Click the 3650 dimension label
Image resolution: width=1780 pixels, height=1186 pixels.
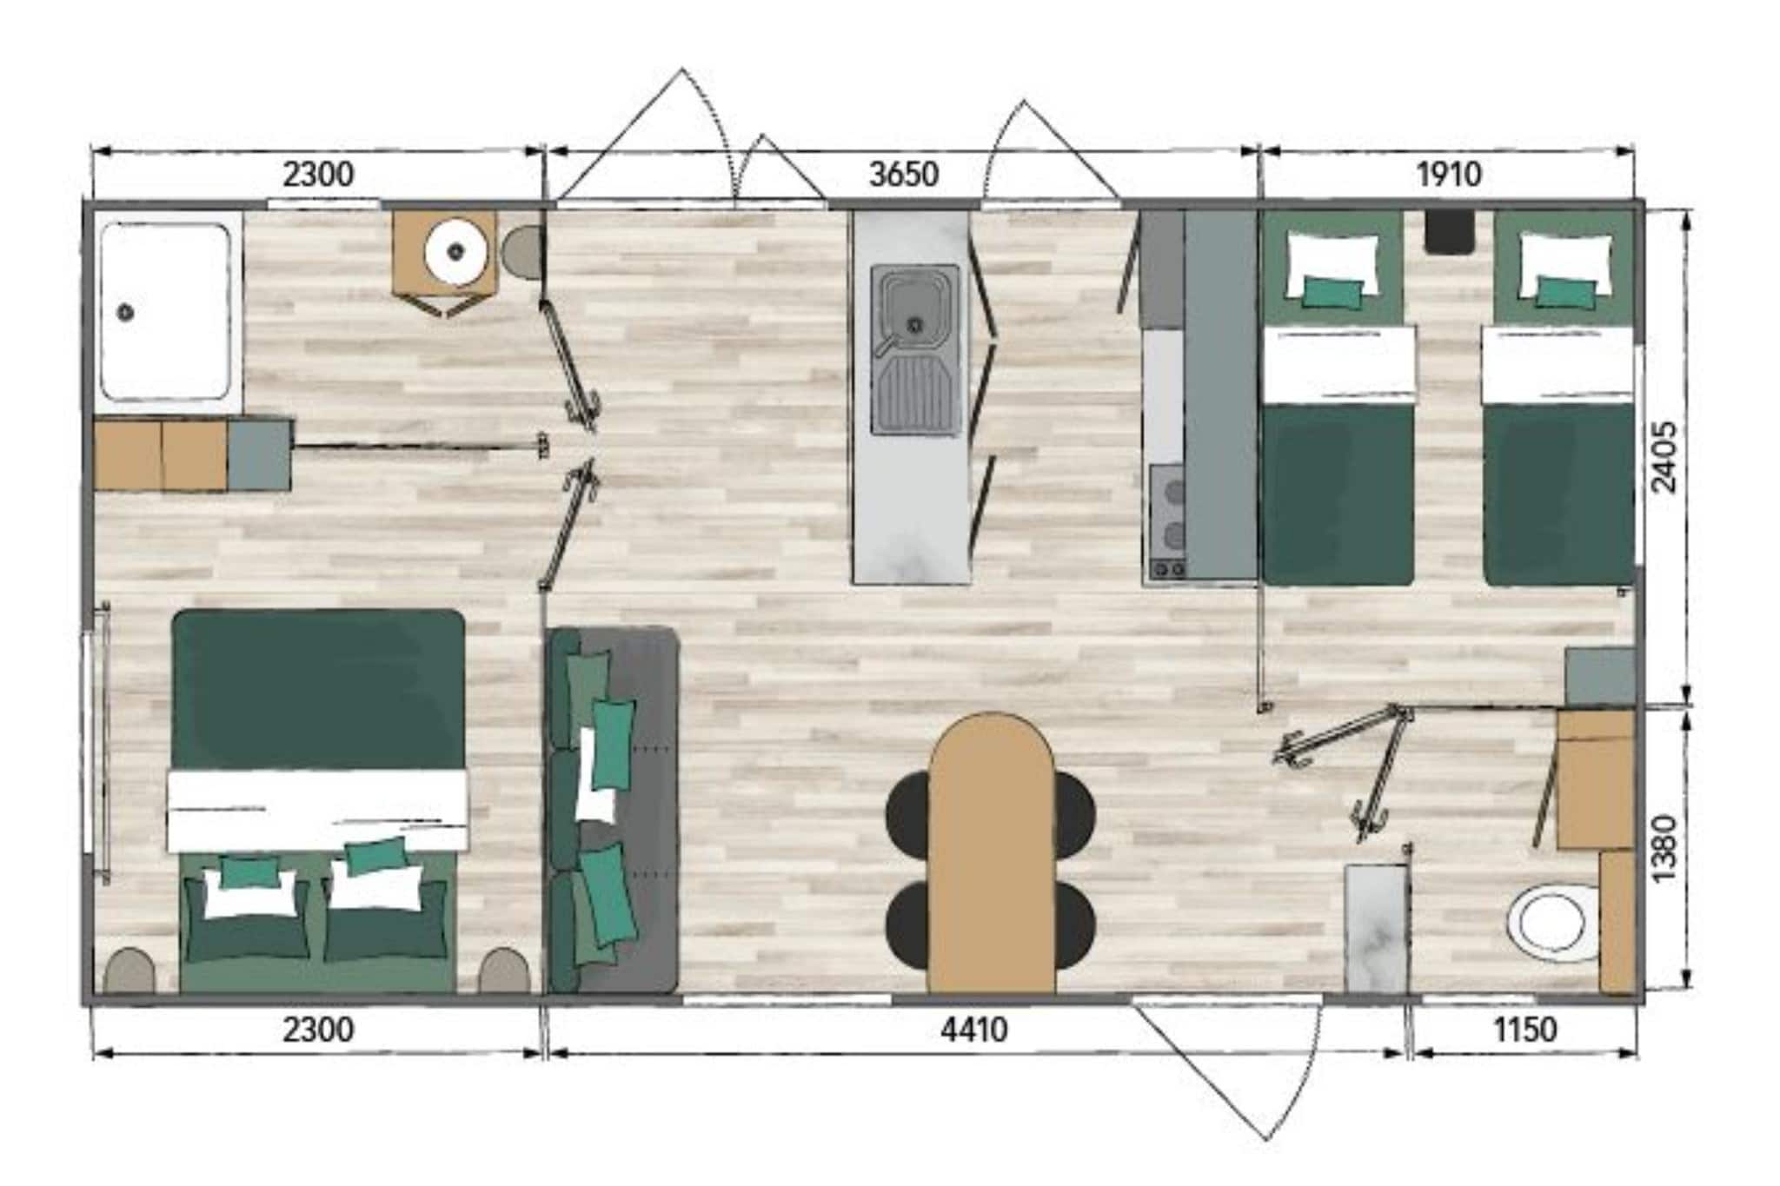(904, 175)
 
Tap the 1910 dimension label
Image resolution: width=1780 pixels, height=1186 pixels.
(1448, 175)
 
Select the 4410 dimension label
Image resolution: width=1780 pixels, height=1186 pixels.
(974, 1030)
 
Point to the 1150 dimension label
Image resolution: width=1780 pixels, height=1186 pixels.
(1524, 1030)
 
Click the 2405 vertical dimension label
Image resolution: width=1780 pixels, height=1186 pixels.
(1664, 457)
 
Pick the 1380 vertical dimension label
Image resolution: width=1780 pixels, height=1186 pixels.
(1664, 848)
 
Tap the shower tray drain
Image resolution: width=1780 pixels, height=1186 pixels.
(127, 312)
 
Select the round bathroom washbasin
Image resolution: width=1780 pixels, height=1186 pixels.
(455, 252)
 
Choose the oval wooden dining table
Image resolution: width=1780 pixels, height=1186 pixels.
(991, 851)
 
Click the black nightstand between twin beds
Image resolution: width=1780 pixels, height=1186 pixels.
(1450, 232)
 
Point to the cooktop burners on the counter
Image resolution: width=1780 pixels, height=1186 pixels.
(1168, 521)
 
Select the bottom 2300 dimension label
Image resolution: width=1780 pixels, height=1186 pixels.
(318, 1030)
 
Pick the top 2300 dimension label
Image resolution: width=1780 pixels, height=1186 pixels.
(318, 175)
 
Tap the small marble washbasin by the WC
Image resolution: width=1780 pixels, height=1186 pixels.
(1374, 927)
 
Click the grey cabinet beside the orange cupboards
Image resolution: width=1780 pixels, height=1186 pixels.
(259, 454)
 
